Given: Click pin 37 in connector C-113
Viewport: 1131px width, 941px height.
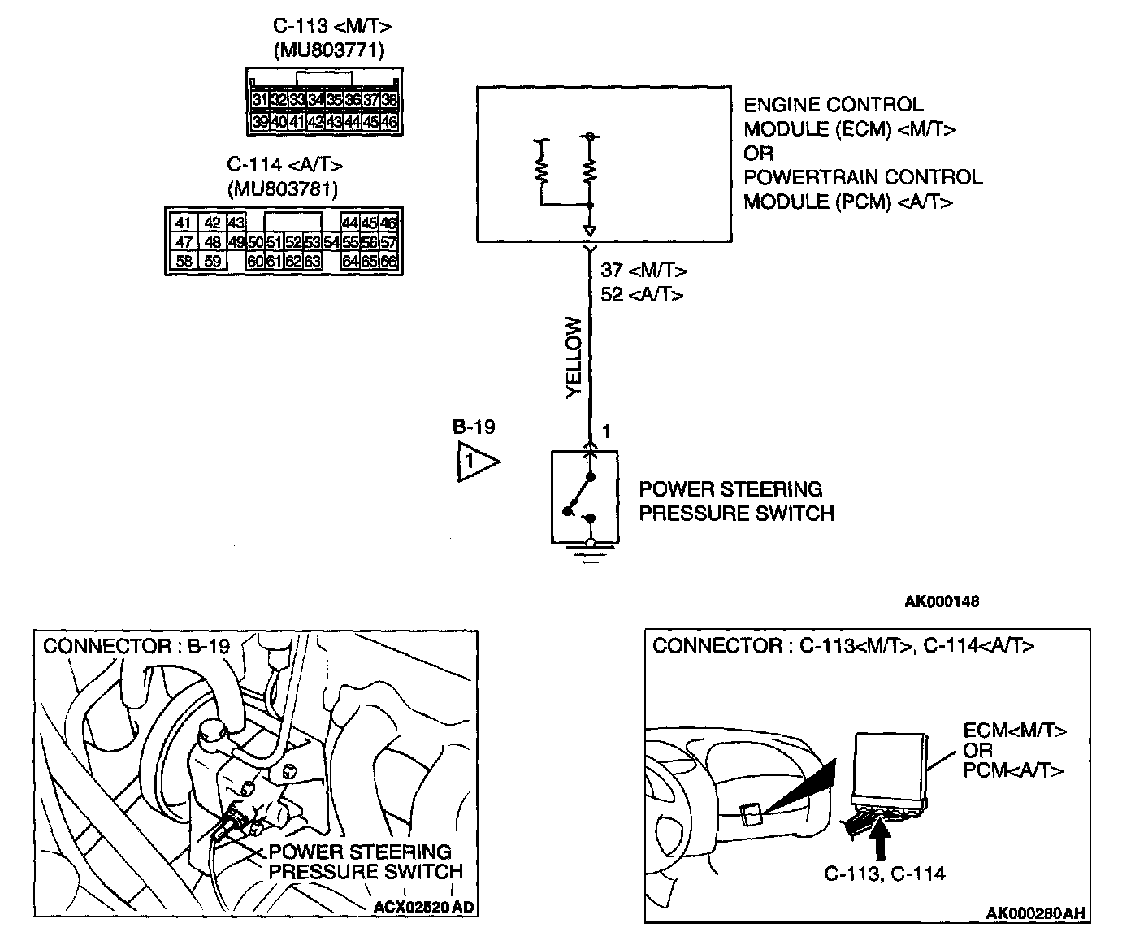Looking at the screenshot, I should click(x=370, y=100).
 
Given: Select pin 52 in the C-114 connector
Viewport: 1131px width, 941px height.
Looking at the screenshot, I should click(x=293, y=242).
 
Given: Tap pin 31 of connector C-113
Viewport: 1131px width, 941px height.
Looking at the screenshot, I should click(x=260, y=100).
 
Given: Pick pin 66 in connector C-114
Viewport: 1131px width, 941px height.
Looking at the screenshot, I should click(x=389, y=262).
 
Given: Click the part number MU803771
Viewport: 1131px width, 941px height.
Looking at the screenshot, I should click(x=328, y=50).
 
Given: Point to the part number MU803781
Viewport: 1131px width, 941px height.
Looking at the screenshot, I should click(x=283, y=189).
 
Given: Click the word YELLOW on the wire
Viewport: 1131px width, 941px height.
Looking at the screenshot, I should click(x=574, y=358).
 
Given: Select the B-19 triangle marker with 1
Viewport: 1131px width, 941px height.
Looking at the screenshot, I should click(x=474, y=462).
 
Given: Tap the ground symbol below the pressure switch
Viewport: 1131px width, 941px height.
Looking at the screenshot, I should click(x=591, y=557).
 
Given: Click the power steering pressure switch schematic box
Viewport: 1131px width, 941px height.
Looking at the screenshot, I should click(x=584, y=496).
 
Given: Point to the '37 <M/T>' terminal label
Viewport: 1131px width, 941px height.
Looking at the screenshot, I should click(x=643, y=271).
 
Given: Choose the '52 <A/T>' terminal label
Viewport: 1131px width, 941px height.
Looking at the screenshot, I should click(x=642, y=294).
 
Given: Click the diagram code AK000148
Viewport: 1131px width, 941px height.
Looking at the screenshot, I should click(x=942, y=602).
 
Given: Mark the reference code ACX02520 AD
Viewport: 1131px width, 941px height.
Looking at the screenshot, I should click(x=422, y=907).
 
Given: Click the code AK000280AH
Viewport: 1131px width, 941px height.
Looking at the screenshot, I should click(x=1035, y=913).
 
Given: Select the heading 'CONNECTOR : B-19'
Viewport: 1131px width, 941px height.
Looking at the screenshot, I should click(x=136, y=647).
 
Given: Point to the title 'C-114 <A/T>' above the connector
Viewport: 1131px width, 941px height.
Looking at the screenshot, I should click(x=285, y=165).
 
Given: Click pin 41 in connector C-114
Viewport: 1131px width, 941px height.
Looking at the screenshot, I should click(x=184, y=223).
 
